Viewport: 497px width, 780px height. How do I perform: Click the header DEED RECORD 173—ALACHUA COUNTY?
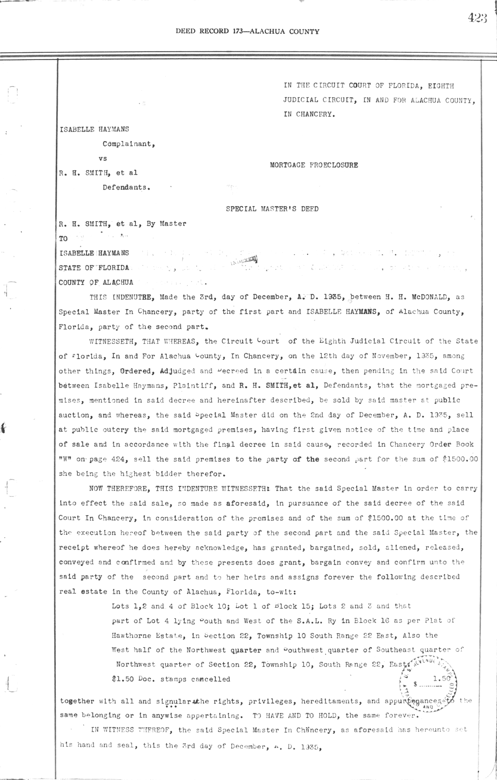[x=247, y=31]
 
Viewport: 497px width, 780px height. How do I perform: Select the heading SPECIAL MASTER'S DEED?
[x=272, y=209]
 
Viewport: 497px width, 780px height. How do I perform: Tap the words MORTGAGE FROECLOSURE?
[x=314, y=165]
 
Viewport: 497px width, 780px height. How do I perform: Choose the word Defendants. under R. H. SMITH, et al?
[x=126, y=187]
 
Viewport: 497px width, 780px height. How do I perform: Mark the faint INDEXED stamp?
[x=243, y=260]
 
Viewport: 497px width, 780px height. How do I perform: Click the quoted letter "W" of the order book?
[x=65, y=460]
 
